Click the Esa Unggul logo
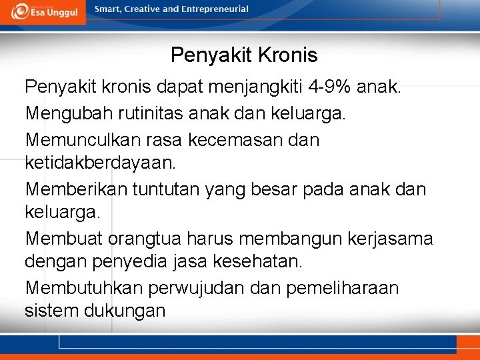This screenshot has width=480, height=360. click(43, 11)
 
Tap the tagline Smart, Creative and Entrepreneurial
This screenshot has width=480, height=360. click(171, 9)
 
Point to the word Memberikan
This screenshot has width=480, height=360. click(75, 189)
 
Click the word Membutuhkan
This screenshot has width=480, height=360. click(81, 288)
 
